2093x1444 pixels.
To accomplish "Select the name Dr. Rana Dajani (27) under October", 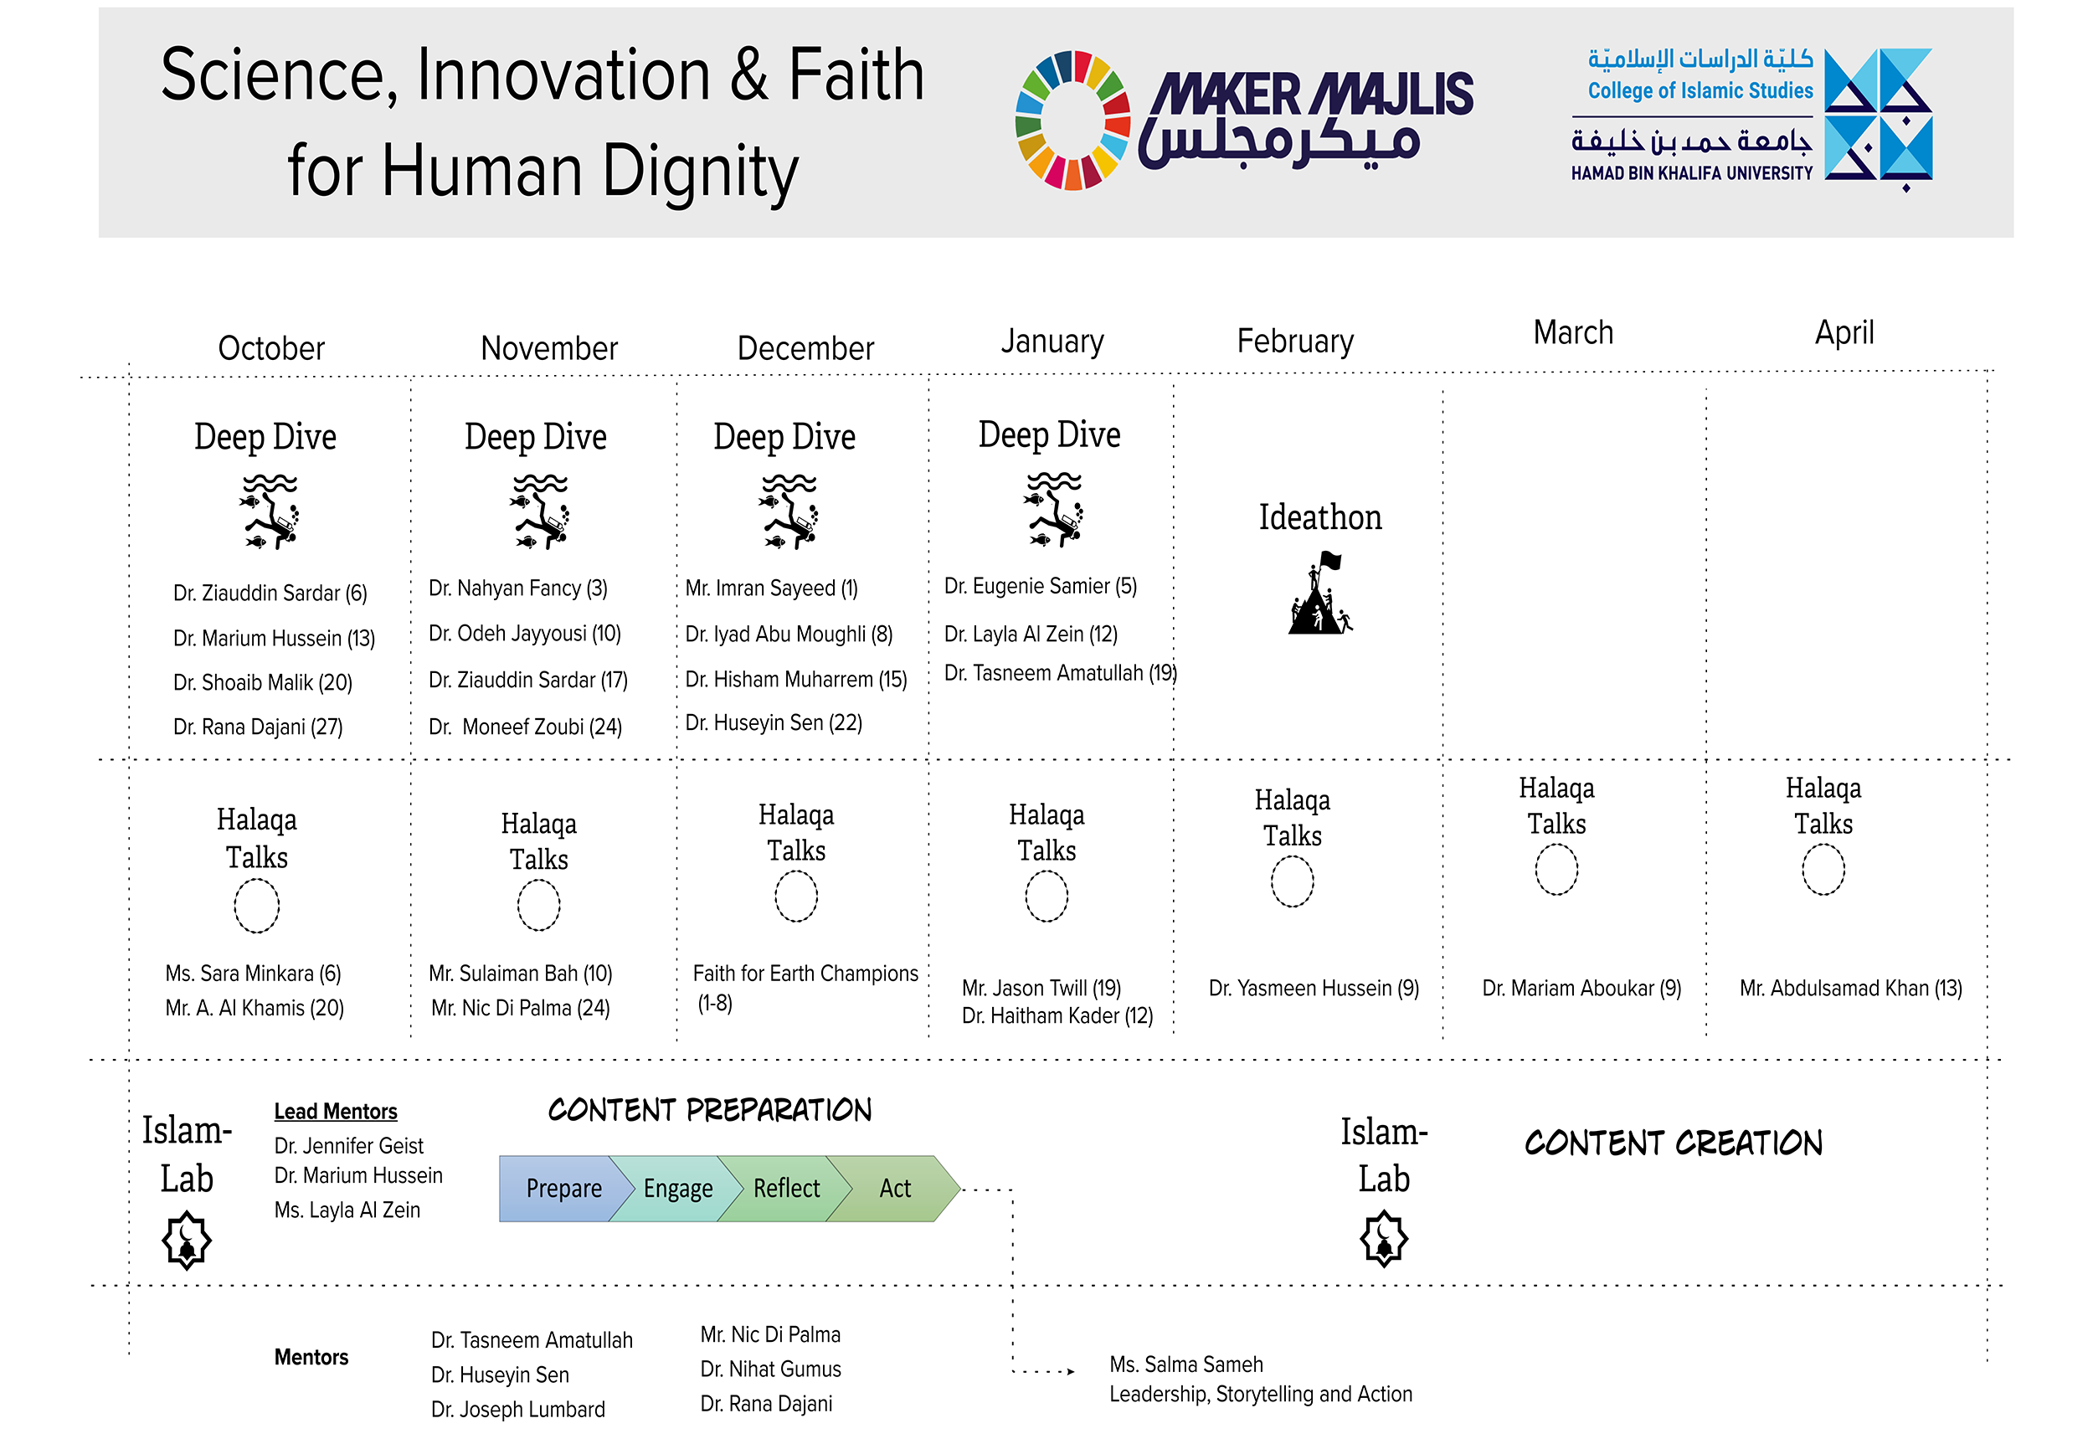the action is (258, 727).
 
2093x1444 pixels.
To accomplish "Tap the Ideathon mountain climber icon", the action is (1320, 593).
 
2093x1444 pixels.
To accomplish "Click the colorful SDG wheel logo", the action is (1072, 121).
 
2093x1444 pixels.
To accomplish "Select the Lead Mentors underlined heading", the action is (336, 1111).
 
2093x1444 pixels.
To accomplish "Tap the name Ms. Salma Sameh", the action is (1185, 1364).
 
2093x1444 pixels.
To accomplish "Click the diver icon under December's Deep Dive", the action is (789, 511).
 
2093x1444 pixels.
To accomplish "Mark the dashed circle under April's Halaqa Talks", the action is (1823, 870).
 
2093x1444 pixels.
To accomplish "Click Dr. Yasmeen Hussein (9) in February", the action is (1313, 988).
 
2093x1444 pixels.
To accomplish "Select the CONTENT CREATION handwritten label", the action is (1673, 1143).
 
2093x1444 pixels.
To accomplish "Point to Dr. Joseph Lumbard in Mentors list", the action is (517, 1410).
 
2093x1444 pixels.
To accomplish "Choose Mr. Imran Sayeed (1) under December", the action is (771, 588).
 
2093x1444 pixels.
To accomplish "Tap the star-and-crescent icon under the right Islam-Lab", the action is (1384, 1240).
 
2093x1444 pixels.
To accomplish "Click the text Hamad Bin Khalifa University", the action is (1691, 172).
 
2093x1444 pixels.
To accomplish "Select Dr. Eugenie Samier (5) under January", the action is (1040, 586).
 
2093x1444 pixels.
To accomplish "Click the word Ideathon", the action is (1320, 517).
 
